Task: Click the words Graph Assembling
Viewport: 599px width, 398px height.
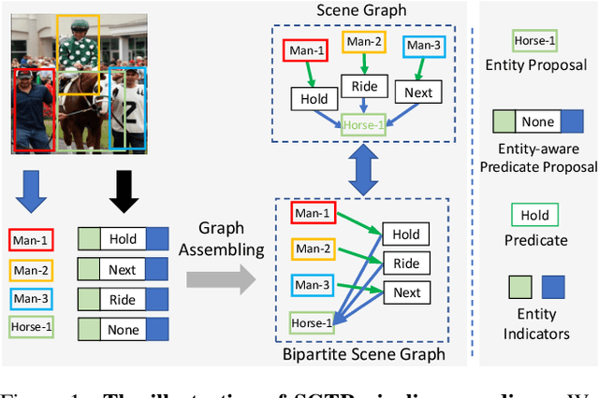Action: pos(222,238)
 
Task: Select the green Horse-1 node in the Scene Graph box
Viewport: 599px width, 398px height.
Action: pos(363,124)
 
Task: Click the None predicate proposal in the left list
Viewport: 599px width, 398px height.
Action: pos(123,329)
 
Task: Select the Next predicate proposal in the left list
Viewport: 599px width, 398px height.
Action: pos(123,269)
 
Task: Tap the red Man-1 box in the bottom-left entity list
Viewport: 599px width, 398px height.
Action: pos(31,240)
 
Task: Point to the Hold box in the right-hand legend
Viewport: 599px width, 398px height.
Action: pos(536,215)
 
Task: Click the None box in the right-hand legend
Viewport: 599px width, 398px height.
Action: pos(536,122)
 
